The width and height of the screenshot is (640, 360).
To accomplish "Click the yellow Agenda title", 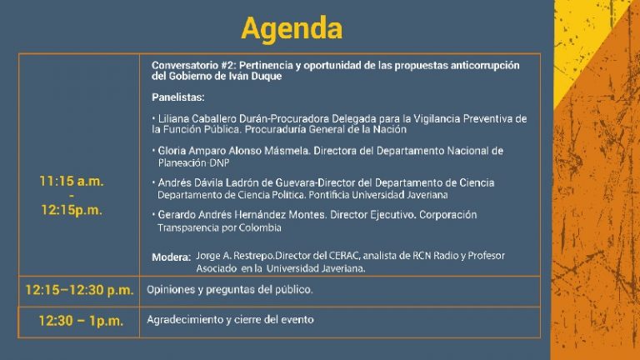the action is tap(292, 29).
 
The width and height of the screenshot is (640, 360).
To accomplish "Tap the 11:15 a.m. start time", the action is tap(72, 181).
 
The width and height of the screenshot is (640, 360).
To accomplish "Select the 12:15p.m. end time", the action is tap(72, 210).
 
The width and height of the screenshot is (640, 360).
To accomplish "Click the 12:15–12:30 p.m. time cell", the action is tap(79, 290).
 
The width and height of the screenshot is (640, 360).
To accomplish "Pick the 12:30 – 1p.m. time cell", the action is tap(81, 321).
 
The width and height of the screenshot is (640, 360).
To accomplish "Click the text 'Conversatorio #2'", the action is tap(193, 65).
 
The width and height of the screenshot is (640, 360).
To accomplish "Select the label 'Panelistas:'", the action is tap(178, 97).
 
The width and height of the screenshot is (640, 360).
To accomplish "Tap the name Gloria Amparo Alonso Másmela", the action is tap(233, 151).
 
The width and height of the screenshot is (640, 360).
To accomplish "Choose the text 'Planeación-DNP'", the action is tap(193, 162).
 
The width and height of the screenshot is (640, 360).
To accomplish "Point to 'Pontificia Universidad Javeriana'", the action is tap(378, 195).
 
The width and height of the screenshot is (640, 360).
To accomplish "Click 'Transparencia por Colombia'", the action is tap(219, 227).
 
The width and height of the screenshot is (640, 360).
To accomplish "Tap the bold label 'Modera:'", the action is tap(171, 257).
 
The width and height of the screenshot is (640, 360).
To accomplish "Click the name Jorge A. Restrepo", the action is tap(235, 256).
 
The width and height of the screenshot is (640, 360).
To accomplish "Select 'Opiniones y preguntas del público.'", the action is tap(230, 290).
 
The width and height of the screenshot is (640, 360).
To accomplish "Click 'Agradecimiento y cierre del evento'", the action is tap(230, 320).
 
